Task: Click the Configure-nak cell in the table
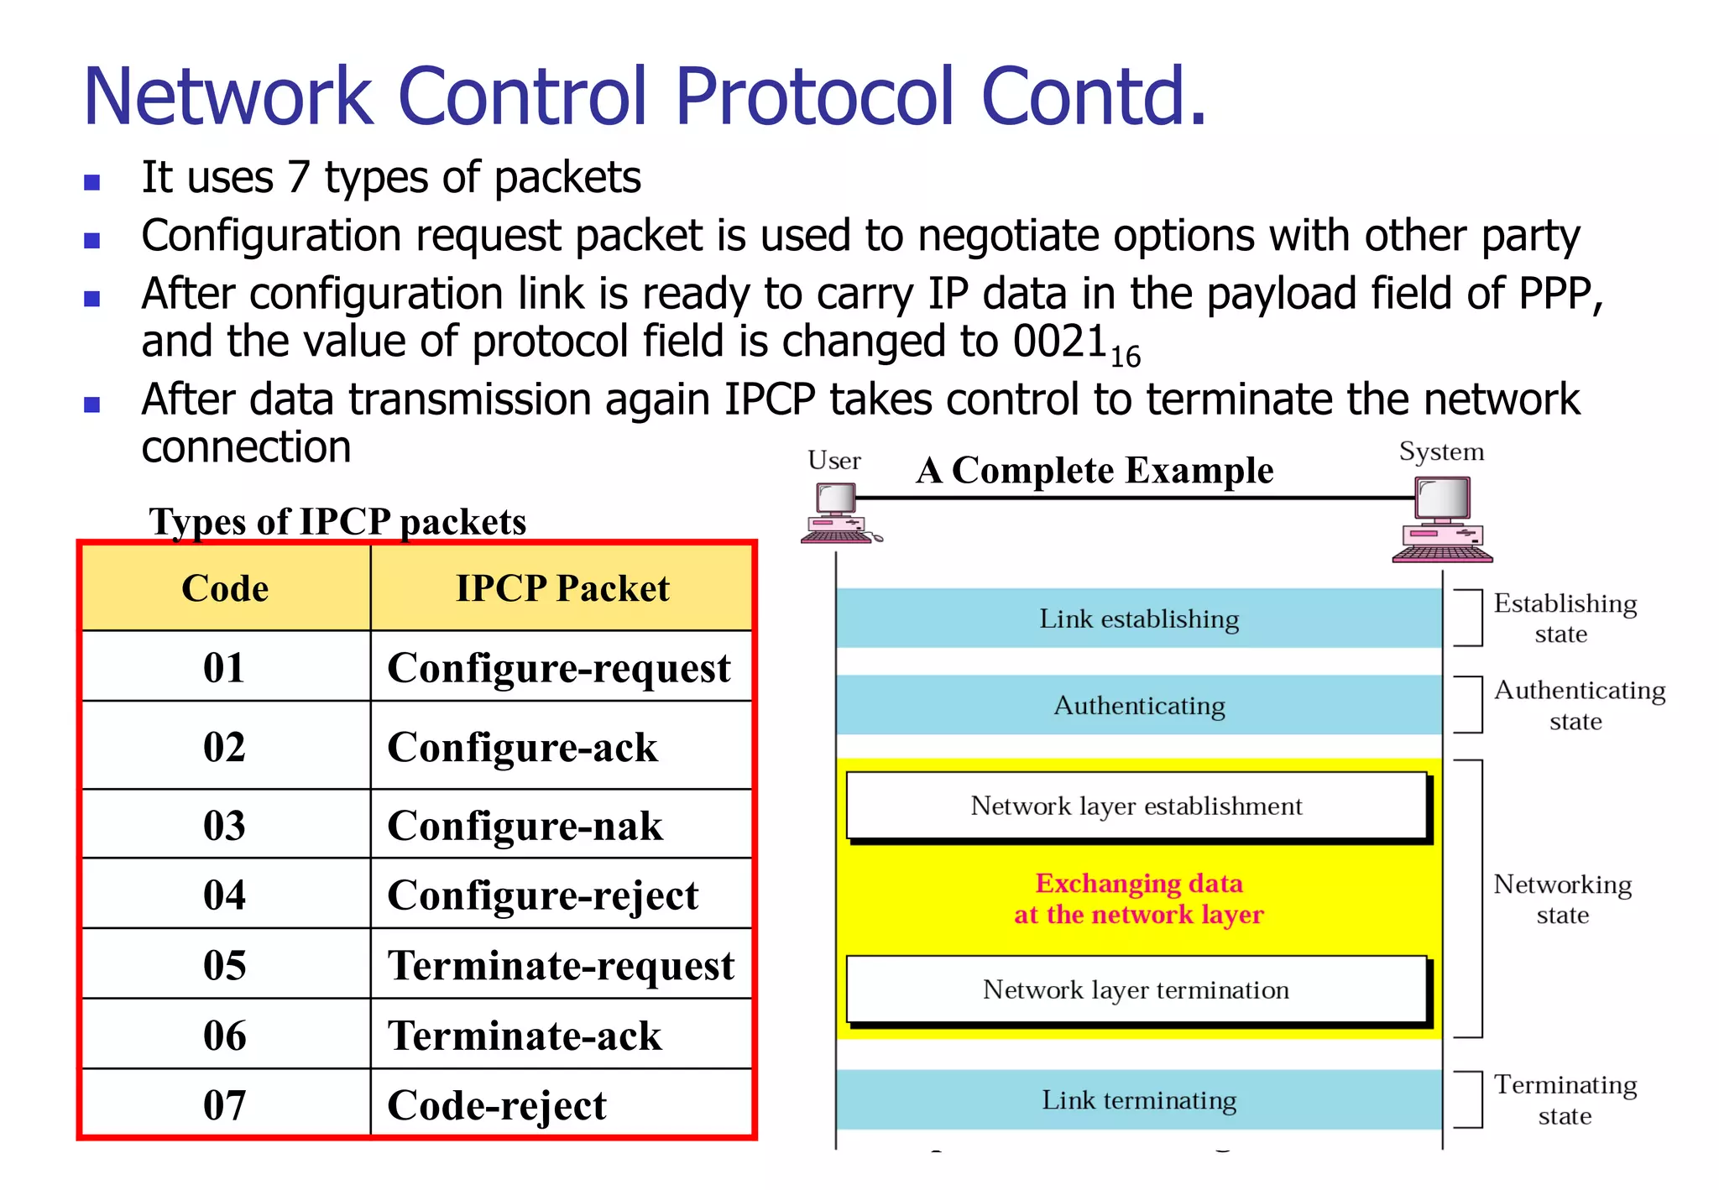pyautogui.click(x=525, y=826)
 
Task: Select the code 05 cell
pyautogui.click(x=224, y=965)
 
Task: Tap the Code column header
pyautogui.click(x=225, y=588)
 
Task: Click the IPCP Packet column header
pyautogui.click(x=562, y=588)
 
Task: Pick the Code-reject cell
pyautogui.click(x=497, y=1105)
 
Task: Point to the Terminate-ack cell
pyautogui.click(x=525, y=1036)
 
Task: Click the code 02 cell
pyautogui.click(x=224, y=747)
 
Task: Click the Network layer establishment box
pyautogui.click(x=1136, y=806)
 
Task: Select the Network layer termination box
pyautogui.click(x=1136, y=990)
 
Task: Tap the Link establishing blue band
pyautogui.click(x=1139, y=619)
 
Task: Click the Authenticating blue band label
pyautogui.click(x=1139, y=706)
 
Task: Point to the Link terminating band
pyautogui.click(x=1139, y=1100)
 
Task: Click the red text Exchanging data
pyautogui.click(x=1139, y=884)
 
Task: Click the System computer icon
pyautogui.click(x=1442, y=519)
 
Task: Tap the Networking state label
pyautogui.click(x=1563, y=900)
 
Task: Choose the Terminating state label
pyautogui.click(x=1565, y=1100)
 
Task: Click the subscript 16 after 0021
pyautogui.click(x=1125, y=358)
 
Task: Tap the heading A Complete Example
pyautogui.click(x=1095, y=471)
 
